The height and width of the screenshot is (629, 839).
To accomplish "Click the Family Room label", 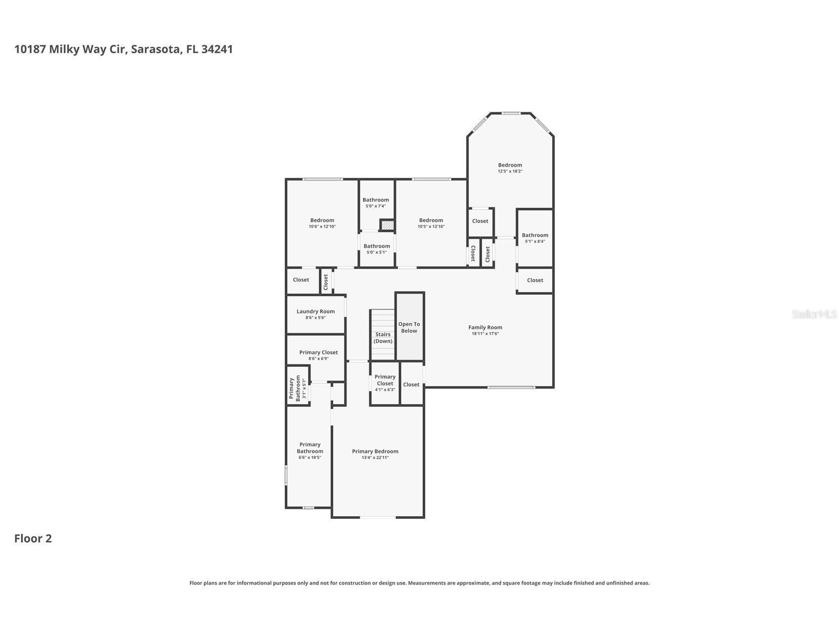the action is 485,327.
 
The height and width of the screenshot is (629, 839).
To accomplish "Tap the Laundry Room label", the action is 315,312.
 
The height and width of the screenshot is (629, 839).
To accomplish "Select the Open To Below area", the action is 409,327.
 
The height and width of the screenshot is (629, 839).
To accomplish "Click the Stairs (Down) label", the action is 383,338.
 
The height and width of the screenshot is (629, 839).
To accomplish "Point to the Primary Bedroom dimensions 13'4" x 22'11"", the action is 375,458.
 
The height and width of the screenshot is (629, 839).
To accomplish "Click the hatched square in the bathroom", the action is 388,225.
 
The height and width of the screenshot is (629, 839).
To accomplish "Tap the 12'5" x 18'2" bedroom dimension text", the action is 510,171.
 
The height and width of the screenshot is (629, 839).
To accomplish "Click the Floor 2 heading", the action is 33,539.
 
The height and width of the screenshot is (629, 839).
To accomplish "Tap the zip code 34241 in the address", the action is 217,49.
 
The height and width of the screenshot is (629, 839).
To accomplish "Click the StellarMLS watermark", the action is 814,314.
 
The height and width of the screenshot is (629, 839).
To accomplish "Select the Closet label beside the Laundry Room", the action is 301,280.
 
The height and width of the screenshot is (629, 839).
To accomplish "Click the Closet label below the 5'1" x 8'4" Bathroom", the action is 535,280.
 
